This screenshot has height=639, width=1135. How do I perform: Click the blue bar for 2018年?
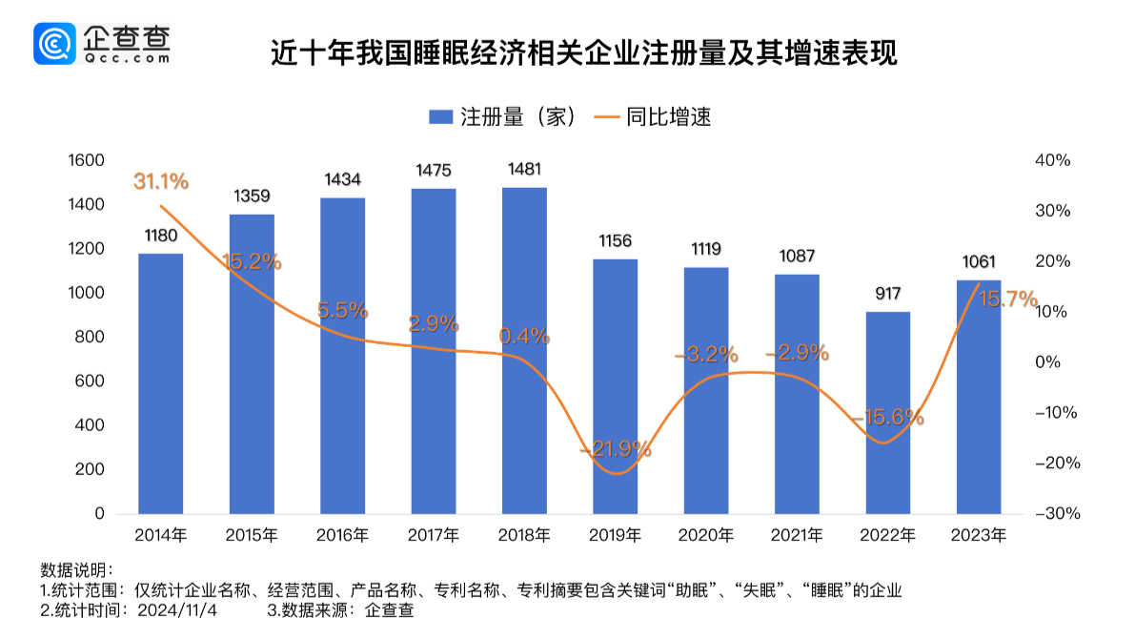click(524, 350)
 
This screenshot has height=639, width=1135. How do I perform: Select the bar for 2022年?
click(888, 412)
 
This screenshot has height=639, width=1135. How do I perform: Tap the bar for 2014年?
click(160, 382)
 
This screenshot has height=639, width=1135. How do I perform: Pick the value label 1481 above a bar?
click(524, 170)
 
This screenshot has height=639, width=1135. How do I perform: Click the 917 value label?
click(888, 294)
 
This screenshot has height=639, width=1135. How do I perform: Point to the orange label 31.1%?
click(161, 181)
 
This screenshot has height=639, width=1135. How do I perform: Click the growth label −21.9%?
click(616, 448)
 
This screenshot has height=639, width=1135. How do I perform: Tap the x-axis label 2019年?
click(615, 535)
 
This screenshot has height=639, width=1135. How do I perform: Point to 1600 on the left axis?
click(86, 161)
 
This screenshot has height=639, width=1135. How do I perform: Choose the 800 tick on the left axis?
click(91, 338)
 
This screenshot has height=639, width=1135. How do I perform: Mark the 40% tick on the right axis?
click(1052, 161)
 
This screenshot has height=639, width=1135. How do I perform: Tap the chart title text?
click(584, 53)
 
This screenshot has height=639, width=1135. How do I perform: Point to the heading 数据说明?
click(77, 570)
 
